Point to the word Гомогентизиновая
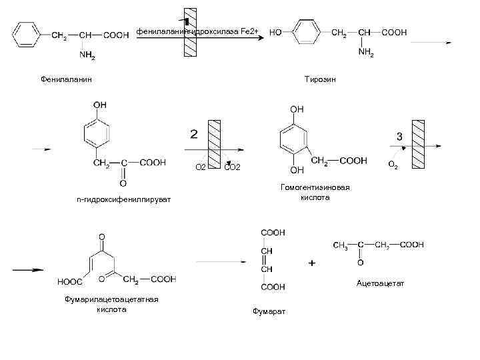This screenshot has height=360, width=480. tap(315, 187)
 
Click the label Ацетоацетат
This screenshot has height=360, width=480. tap(380, 283)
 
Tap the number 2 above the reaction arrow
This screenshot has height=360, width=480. tap(194, 135)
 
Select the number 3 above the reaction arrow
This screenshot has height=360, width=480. tap(399, 136)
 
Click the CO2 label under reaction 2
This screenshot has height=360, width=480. tap(233, 166)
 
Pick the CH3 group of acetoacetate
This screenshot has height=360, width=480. tap(340, 245)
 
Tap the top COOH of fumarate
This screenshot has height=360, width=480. tap(273, 232)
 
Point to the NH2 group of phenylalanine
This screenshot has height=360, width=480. tap(87, 56)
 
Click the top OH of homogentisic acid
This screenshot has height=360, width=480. tap(297, 109)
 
